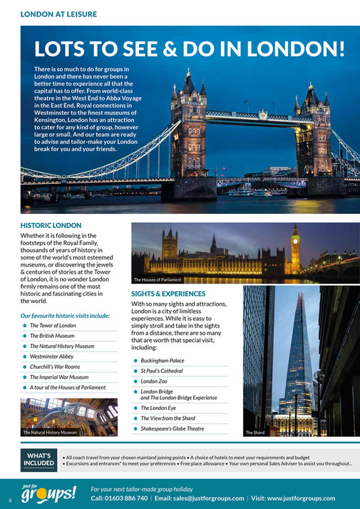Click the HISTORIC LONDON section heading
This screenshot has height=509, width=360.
pyautogui.click(x=51, y=225)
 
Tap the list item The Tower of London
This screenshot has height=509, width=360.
pyautogui.click(x=53, y=326)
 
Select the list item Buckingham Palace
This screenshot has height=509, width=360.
pyautogui.click(x=162, y=361)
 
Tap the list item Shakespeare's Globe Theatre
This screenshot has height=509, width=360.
pyautogui.click(x=172, y=429)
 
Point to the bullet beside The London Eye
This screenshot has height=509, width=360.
pyautogui.click(x=135, y=408)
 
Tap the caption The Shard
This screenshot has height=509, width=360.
pyautogui.click(x=255, y=433)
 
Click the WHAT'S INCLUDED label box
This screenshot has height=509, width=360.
pyautogui.click(x=39, y=459)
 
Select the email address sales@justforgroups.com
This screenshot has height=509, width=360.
pyautogui.click(x=204, y=498)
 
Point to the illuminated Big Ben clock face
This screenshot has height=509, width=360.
pyautogui.click(x=295, y=240)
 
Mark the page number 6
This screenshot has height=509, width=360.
pyautogui.click(x=9, y=498)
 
